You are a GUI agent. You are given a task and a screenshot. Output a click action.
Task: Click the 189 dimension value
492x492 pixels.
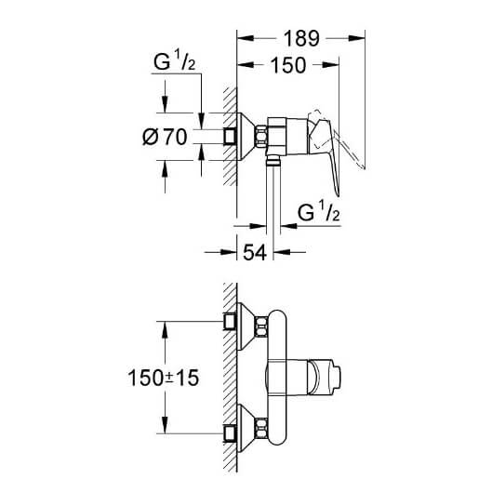[301, 38]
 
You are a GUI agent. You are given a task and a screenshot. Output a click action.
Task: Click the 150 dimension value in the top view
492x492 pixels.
[288, 65]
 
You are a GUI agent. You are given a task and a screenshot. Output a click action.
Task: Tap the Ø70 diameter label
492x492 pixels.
[165, 137]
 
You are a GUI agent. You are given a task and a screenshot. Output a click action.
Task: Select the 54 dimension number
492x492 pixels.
[255, 252]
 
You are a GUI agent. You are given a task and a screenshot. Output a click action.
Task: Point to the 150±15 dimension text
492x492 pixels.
[163, 378]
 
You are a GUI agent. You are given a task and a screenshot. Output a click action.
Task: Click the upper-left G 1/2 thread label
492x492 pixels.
[175, 60]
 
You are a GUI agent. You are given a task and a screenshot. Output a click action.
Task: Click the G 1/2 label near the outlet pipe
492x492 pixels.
[318, 212]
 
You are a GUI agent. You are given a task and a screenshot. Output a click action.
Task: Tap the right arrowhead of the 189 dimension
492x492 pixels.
[357, 38]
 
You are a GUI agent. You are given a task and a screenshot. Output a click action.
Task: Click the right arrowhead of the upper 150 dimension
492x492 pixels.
[331, 65]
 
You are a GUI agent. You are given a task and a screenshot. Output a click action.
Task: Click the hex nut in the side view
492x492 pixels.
[260, 136]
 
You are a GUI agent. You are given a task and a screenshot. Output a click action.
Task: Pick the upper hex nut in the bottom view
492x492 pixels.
[261, 326]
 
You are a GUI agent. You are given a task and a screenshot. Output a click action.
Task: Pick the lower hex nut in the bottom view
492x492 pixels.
[261, 429]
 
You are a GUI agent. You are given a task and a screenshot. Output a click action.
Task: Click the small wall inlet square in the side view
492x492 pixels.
[230, 137]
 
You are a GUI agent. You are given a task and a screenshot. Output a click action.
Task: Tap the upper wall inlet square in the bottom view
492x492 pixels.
[230, 321]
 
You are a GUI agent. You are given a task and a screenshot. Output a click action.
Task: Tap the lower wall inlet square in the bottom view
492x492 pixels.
[230, 433]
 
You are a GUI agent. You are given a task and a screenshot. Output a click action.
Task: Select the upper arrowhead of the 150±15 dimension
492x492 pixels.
[165, 329]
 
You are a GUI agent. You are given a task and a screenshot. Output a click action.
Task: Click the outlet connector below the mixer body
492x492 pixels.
[273, 160]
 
